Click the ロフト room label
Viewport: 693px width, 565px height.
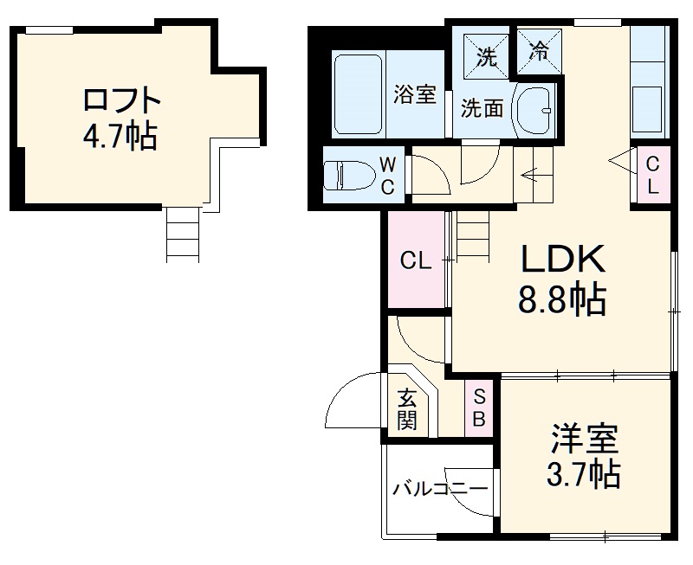pos(122,101)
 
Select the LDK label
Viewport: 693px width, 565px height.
pos(560,259)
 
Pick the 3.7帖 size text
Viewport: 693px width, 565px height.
pos(582,473)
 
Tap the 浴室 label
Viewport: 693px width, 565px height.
pos(414,93)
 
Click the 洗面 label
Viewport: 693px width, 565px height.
pos(481,109)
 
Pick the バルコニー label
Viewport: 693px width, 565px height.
pos(439,489)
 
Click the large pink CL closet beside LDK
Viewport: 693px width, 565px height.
pos(415,260)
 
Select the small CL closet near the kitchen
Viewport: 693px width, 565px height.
pos(652,173)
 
